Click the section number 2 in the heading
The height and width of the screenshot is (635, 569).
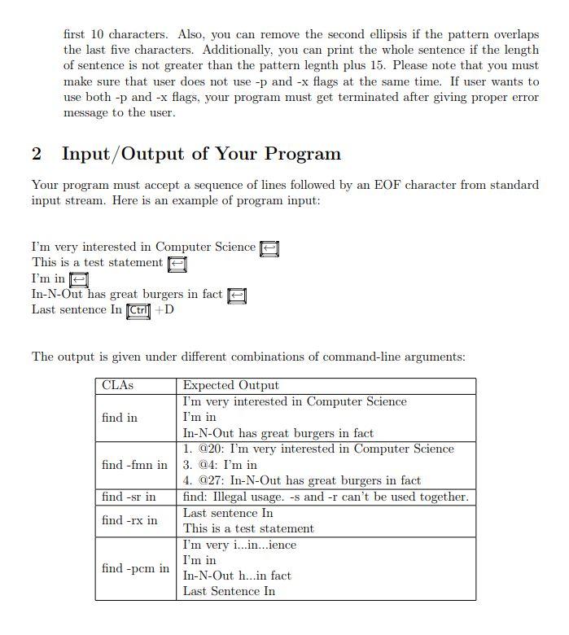click(37, 154)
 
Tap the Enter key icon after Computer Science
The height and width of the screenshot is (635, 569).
click(269, 247)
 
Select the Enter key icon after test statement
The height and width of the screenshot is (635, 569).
click(177, 264)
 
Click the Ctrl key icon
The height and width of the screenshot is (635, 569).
click(138, 310)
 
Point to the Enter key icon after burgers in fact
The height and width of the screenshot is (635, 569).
click(236, 296)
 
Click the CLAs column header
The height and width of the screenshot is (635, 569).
click(117, 386)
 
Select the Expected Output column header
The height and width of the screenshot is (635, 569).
click(230, 386)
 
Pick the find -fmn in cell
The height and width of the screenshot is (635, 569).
click(134, 465)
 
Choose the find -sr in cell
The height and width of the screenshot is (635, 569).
click(129, 497)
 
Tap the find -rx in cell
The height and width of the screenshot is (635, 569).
click(129, 520)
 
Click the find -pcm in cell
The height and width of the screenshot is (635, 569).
click(135, 568)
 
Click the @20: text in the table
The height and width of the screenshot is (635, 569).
click(208, 449)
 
